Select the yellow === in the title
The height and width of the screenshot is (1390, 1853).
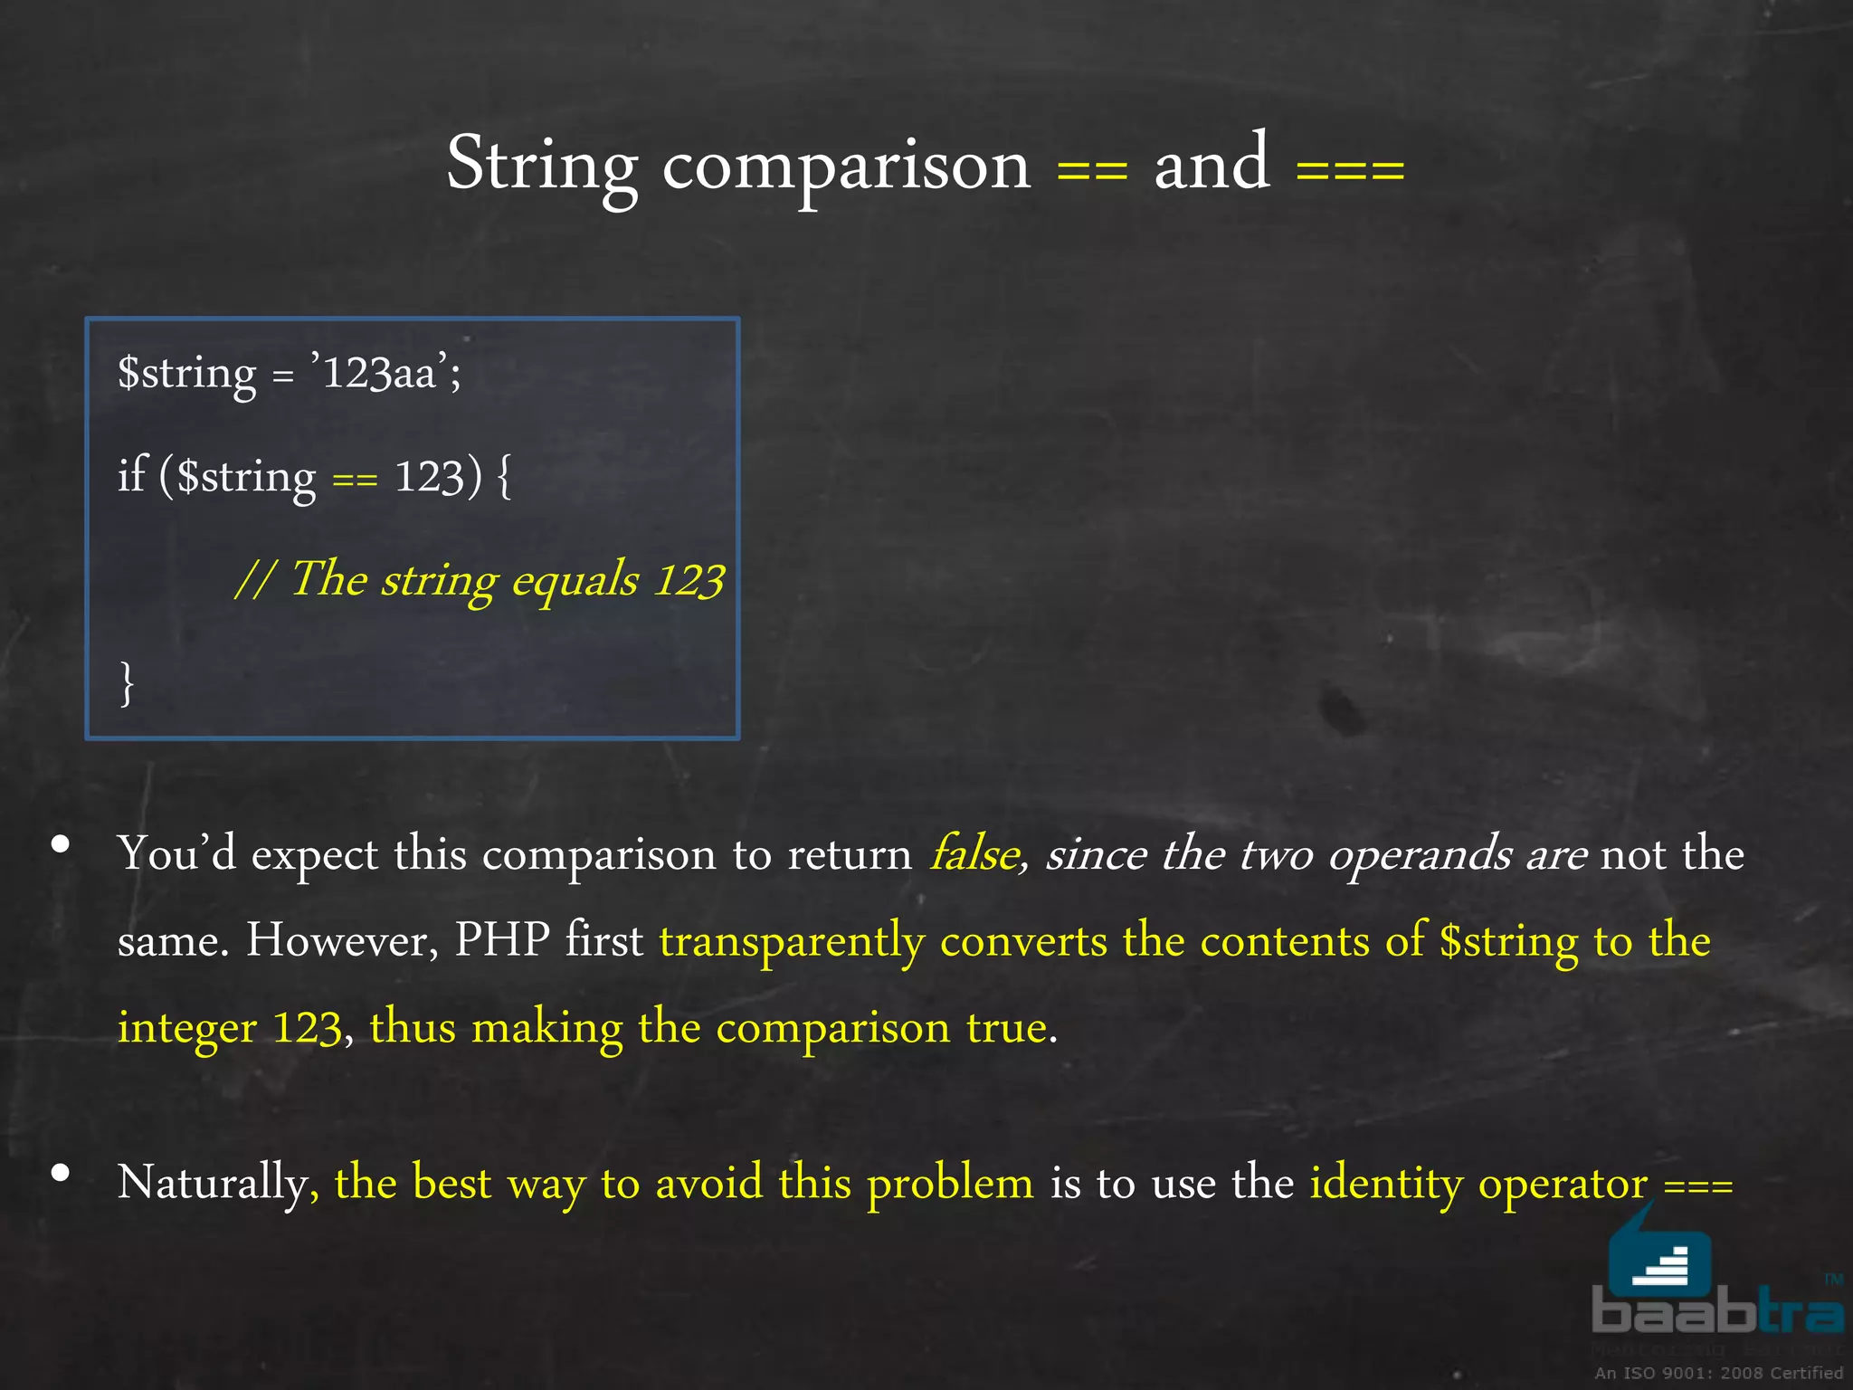(x=1350, y=169)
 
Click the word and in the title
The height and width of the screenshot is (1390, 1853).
(x=1212, y=165)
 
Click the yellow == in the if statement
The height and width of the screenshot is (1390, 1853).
(x=354, y=480)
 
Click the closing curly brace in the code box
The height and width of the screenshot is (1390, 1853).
(x=128, y=683)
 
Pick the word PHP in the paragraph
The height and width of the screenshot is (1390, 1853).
(x=502, y=939)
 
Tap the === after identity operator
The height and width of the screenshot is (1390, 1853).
(x=1698, y=1185)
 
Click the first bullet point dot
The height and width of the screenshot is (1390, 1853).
(x=61, y=845)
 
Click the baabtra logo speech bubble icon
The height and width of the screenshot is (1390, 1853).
(x=1659, y=1258)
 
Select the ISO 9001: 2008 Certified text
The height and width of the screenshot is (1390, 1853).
(x=1718, y=1373)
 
